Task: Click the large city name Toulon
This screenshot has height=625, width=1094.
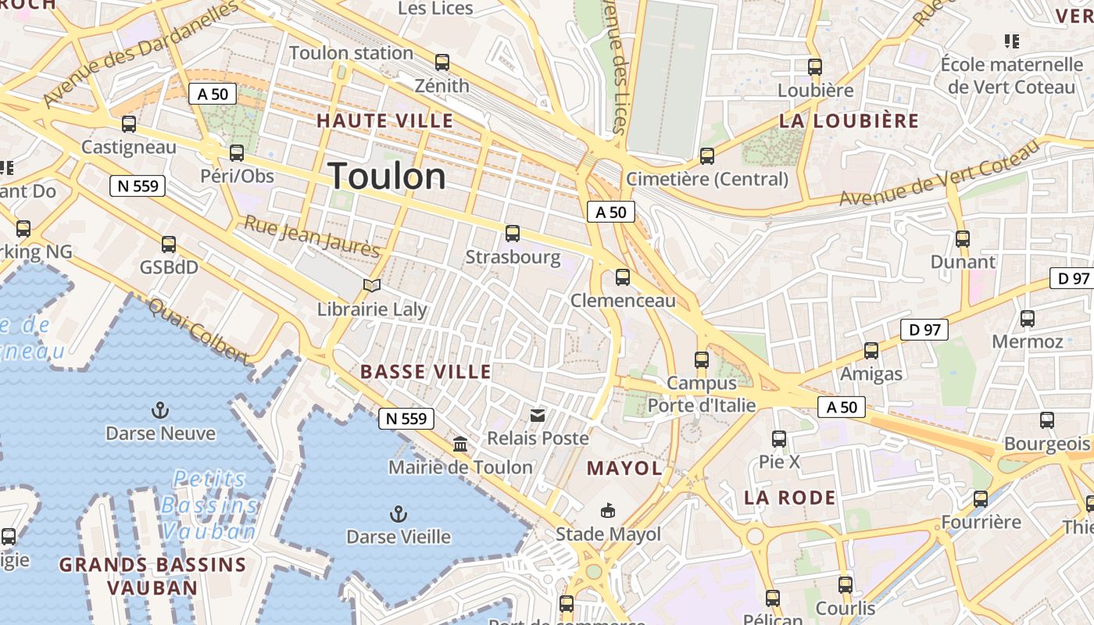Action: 387,177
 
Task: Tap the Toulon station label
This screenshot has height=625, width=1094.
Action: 351,53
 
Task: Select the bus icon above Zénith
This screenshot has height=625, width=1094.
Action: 442,62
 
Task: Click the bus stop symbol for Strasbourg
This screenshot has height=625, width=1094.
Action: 513,233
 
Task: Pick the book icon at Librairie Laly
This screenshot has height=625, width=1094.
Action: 372,286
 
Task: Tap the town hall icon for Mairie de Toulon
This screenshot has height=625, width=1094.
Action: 460,444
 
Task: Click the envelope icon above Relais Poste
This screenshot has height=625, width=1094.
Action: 538,415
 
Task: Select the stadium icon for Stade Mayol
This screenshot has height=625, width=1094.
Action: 607,511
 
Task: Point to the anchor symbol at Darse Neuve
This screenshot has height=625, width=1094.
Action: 160,409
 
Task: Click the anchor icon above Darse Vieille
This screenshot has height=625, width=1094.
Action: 399,513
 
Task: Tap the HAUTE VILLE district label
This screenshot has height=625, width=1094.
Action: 384,121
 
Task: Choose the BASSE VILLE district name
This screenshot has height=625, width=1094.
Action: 426,372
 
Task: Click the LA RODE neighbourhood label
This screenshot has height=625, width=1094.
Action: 789,498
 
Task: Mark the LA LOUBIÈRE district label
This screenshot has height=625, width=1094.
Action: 849,121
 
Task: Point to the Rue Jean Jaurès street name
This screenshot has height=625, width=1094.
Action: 312,236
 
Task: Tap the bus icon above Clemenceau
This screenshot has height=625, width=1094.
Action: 623,277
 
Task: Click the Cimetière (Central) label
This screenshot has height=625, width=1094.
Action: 707,179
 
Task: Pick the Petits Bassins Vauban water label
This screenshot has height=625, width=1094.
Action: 209,505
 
